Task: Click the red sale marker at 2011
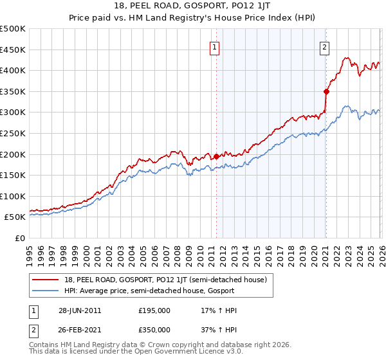tap(216, 156)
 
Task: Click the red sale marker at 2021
tap(326, 91)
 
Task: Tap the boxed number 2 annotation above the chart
tap(324, 46)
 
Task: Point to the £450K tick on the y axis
tap(13, 50)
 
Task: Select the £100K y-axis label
tap(13, 196)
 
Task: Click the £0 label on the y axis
tap(21, 238)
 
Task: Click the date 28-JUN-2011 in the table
tap(80, 310)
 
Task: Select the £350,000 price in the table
tap(154, 329)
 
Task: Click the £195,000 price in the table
tap(154, 310)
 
